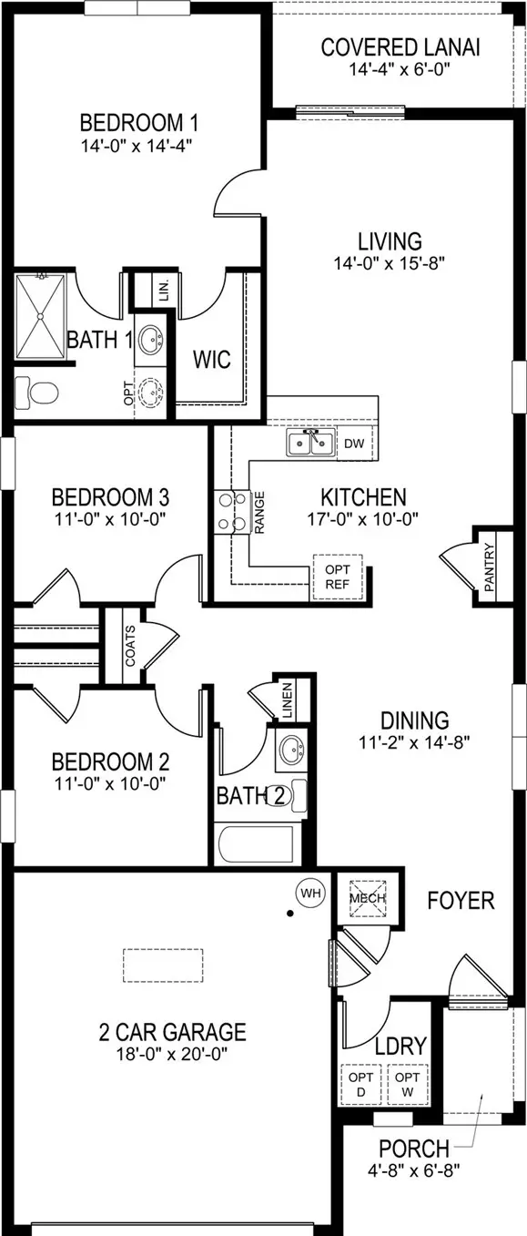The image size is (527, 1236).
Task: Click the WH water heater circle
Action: point(311,893)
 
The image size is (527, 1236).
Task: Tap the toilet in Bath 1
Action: point(36,393)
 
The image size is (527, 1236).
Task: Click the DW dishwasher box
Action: point(354,443)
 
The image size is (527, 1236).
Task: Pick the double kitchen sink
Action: point(309,443)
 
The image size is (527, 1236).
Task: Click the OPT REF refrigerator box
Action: point(338,577)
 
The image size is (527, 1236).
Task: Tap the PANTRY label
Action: point(489,567)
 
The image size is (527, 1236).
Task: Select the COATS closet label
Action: point(130,645)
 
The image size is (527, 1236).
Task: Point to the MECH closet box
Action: point(368,898)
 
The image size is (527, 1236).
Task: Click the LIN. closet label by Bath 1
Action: point(164,289)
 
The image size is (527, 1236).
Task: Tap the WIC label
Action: point(212,359)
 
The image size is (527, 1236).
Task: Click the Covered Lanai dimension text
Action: point(400,69)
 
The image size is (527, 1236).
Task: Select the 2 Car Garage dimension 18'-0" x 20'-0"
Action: point(173,1055)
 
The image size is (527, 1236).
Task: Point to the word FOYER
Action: point(461,901)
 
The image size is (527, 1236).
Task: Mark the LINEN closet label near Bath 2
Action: point(287,700)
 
